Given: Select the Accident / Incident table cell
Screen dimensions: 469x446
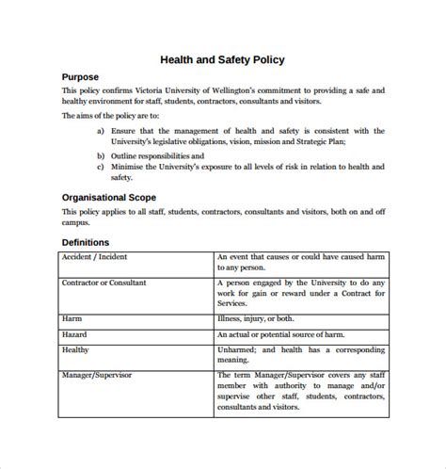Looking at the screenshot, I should coord(95,256).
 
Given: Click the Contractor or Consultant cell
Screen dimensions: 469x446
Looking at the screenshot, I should coord(107,282).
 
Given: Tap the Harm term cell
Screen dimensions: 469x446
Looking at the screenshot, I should coord(72,319).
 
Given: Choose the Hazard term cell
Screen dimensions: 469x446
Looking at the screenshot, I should coord(75,333).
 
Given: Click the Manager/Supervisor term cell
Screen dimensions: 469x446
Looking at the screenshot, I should coord(97,375).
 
